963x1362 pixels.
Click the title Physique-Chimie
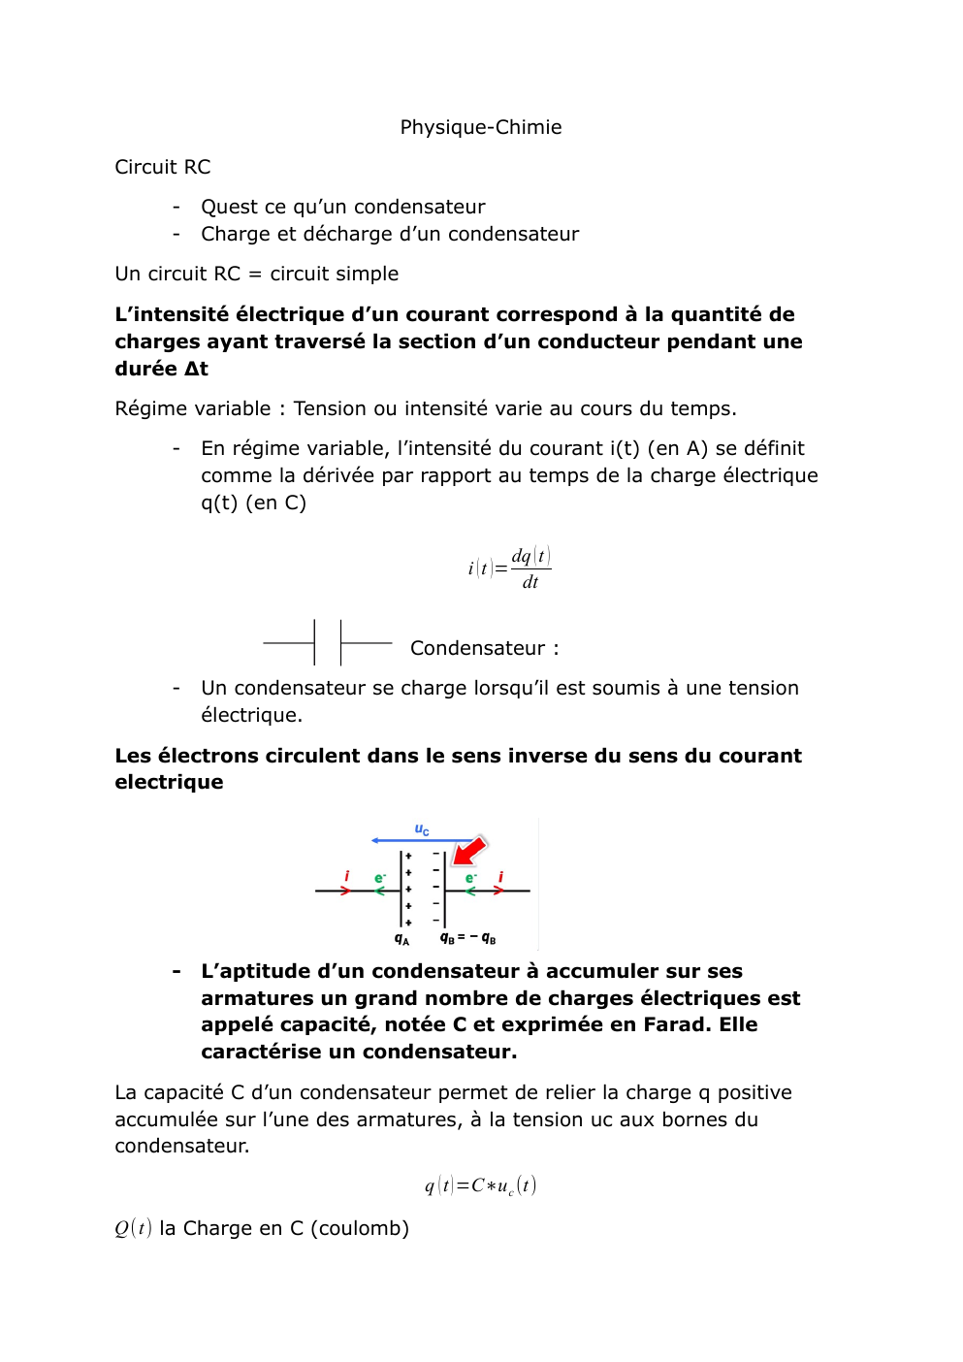pyautogui.click(x=481, y=127)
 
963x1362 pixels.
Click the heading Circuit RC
pyautogui.click(x=162, y=167)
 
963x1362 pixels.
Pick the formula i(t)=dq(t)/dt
pyautogui.click(x=509, y=568)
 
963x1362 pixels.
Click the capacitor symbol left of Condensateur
pyautogui.click(x=328, y=642)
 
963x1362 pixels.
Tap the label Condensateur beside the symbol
pyautogui.click(x=477, y=648)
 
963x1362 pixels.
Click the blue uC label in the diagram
pyautogui.click(x=422, y=829)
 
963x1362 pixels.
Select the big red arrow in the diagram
pyautogui.click(x=469, y=851)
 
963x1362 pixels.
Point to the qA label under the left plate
pyautogui.click(x=401, y=938)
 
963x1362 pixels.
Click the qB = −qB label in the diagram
pyautogui.click(x=467, y=938)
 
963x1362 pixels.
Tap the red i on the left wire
pyautogui.click(x=347, y=876)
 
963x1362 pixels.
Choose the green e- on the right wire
pyautogui.click(x=470, y=878)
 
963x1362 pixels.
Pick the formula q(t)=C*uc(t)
pyautogui.click(x=480, y=1185)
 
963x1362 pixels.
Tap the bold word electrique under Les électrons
pyautogui.click(x=169, y=782)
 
